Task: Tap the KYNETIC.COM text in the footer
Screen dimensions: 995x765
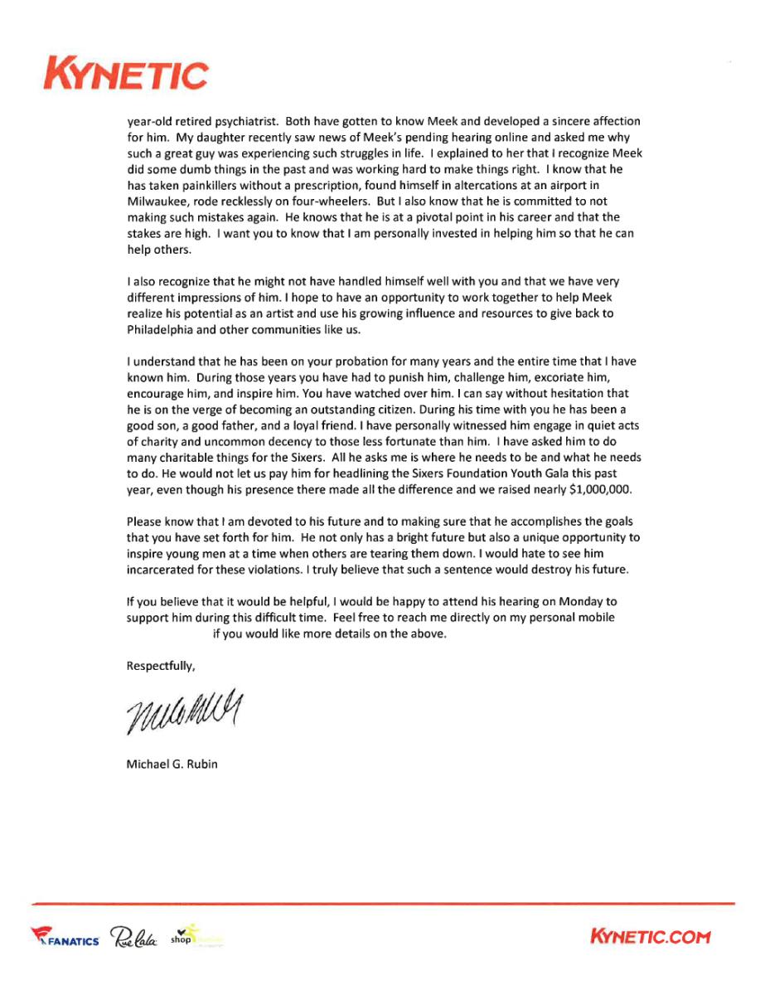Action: pyautogui.click(x=650, y=937)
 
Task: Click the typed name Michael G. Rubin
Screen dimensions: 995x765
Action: pyautogui.click(x=172, y=764)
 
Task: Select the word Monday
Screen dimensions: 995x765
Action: pyautogui.click(x=585, y=601)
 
